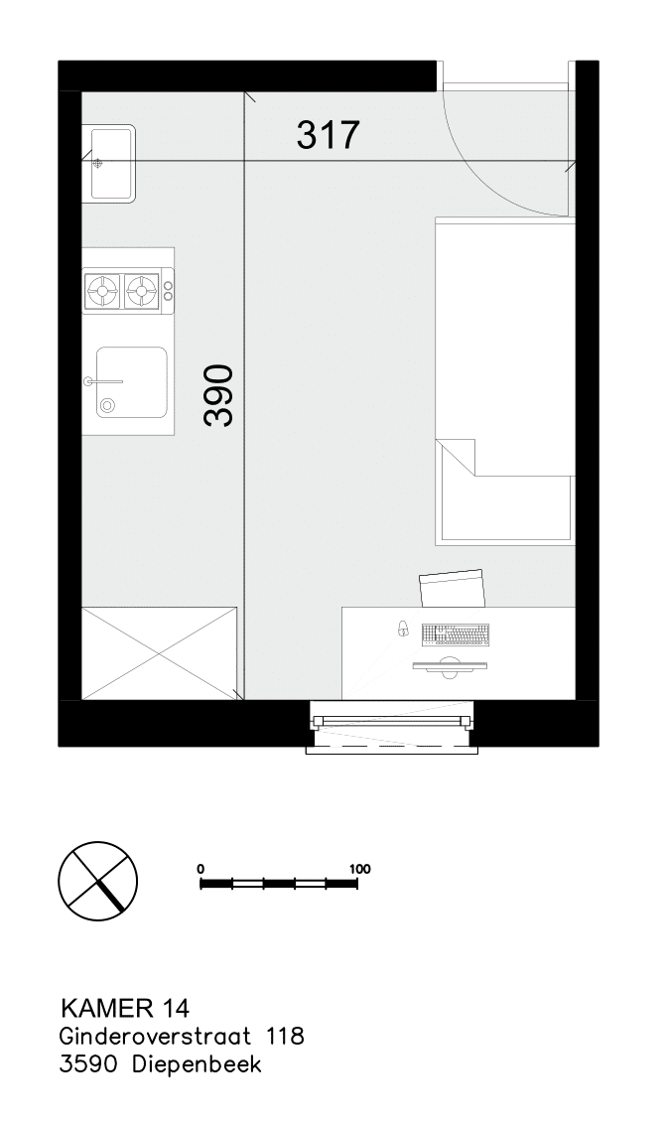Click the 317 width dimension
click(328, 134)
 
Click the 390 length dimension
click(219, 395)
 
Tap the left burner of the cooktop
click(102, 290)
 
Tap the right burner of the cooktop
click(141, 290)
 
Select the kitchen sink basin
click(132, 381)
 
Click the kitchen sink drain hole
click(108, 405)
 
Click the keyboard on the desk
click(457, 634)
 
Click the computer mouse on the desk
click(403, 629)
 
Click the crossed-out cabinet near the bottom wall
click(160, 652)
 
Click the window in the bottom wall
click(392, 726)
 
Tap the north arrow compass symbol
click(97, 880)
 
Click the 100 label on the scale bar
click(359, 869)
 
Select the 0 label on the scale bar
click(201, 869)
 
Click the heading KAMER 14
click(125, 1009)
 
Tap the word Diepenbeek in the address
click(197, 1064)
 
